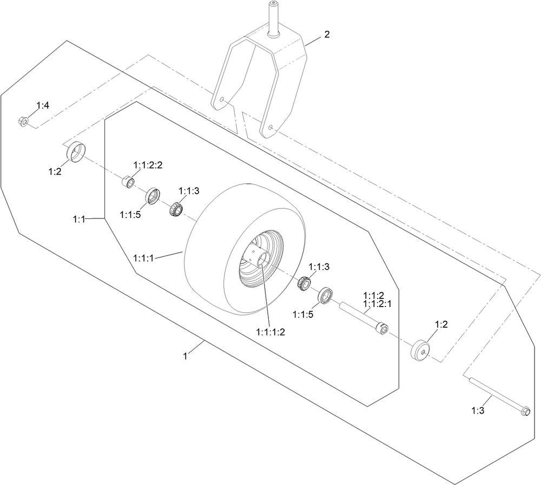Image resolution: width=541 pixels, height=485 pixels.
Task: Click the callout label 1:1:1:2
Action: tap(270, 332)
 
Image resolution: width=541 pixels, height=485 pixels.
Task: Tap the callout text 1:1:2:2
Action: tap(148, 164)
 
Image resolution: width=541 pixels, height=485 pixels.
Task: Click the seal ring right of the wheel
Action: tap(326, 296)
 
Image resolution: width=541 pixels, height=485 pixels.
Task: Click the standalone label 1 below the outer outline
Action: tap(186, 356)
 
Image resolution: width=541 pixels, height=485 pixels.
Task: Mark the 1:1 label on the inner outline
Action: tap(79, 218)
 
